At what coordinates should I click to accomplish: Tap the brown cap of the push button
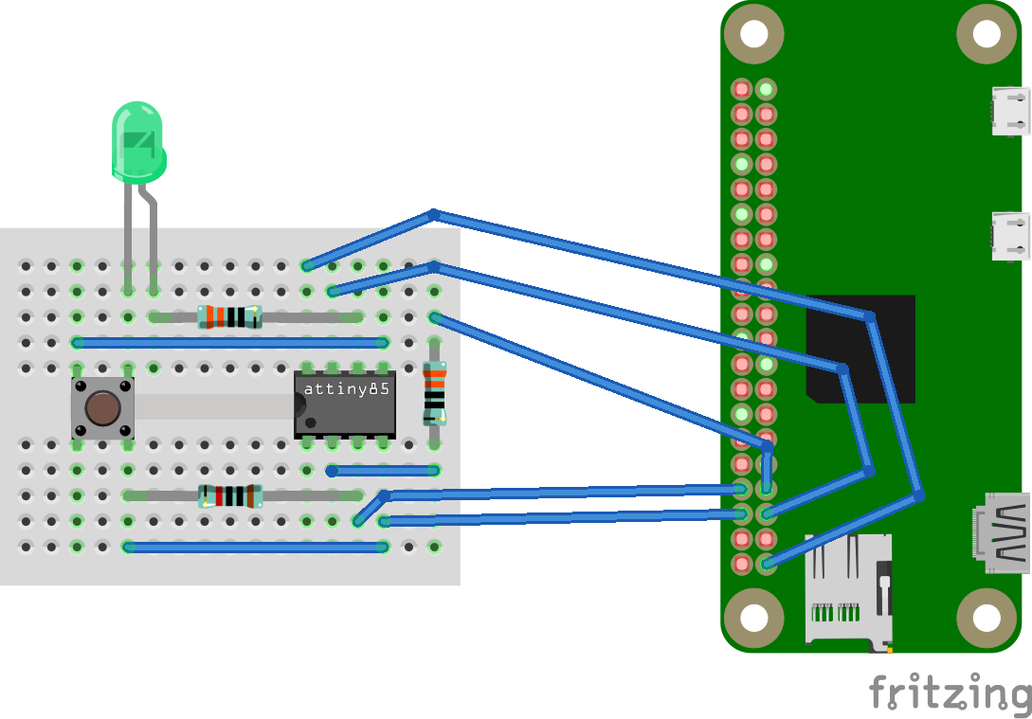click(102, 408)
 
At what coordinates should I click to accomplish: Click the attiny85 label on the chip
click(347, 389)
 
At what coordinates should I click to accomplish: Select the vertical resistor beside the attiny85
click(434, 391)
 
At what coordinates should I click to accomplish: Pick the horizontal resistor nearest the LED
click(228, 317)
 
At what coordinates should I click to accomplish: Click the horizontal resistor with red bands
click(229, 495)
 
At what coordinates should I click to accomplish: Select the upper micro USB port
click(1010, 108)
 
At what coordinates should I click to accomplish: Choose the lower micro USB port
click(1010, 236)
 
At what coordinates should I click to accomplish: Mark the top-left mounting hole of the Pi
click(753, 34)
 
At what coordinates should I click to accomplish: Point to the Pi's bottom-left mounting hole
click(753, 618)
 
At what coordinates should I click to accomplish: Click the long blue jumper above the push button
click(229, 342)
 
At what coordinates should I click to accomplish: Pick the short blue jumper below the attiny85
click(383, 470)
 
